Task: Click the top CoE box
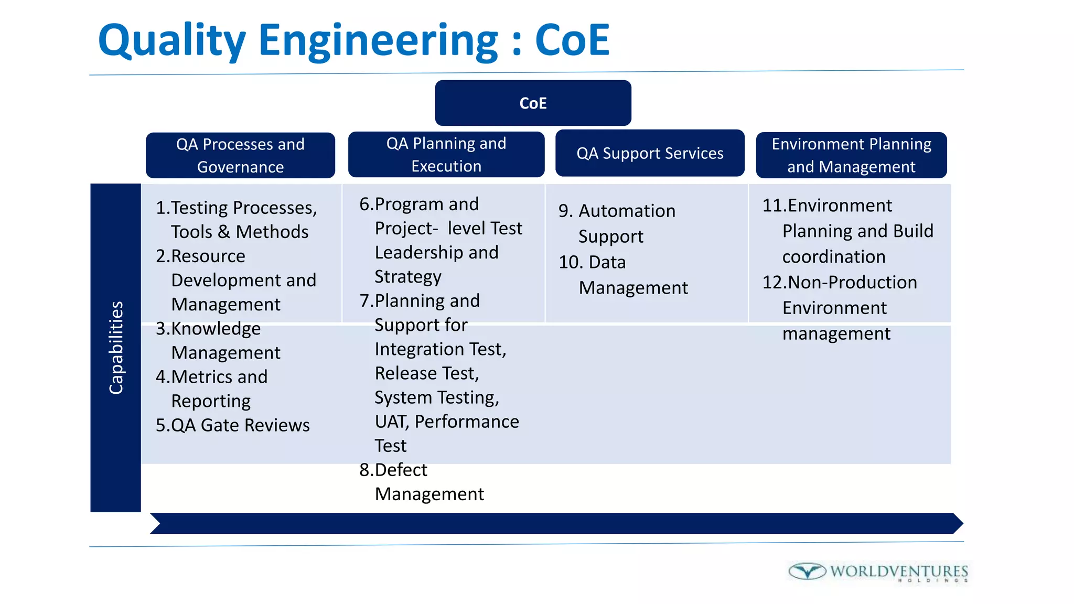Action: (x=533, y=103)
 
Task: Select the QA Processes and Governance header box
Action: (x=240, y=155)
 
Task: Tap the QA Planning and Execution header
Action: (x=446, y=154)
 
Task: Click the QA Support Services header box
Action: (x=650, y=153)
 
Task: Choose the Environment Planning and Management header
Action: (x=851, y=155)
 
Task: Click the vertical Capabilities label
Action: (x=116, y=347)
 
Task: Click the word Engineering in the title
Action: (x=378, y=41)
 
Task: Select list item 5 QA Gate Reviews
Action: (x=233, y=425)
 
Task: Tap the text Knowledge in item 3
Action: (x=216, y=329)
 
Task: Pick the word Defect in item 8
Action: (x=401, y=470)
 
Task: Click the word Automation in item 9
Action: (x=627, y=211)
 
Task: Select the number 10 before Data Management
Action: (x=570, y=262)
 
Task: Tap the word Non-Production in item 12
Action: (x=852, y=283)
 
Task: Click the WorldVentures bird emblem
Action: (x=807, y=571)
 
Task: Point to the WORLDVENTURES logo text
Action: (x=899, y=571)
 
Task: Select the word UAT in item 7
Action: (x=391, y=422)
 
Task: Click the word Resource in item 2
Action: (x=208, y=256)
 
